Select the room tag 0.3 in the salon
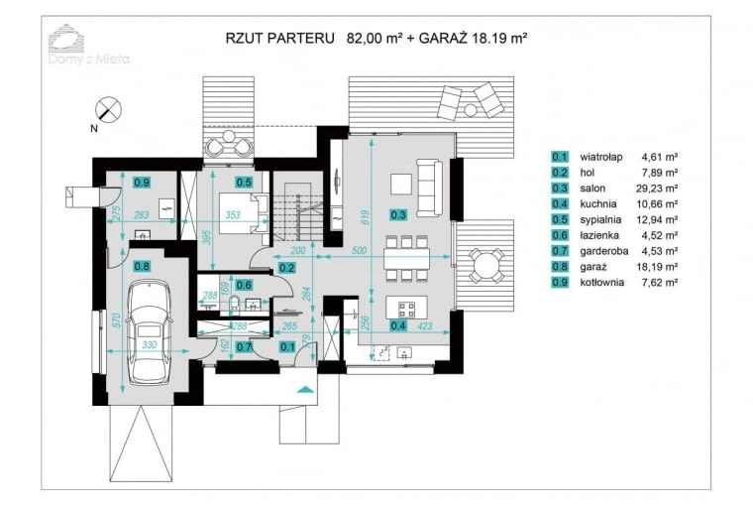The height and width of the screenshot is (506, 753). pyautogui.click(x=398, y=213)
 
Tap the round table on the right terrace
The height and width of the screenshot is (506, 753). pyautogui.click(x=484, y=265)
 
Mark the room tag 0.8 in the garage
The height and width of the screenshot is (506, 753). pyautogui.click(x=142, y=265)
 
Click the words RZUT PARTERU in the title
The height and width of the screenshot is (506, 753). pyautogui.click(x=278, y=39)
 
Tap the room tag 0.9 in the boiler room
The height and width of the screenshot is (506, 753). pyautogui.click(x=142, y=182)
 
